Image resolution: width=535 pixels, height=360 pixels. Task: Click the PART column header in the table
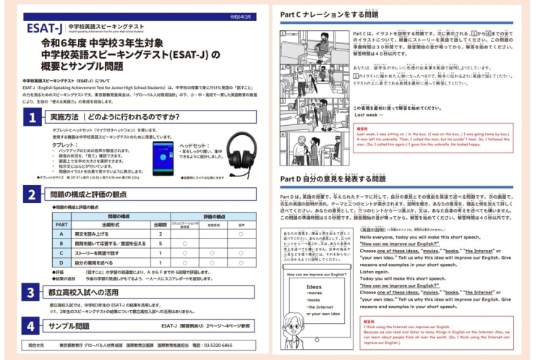62,224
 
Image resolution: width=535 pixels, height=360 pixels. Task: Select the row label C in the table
62,254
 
